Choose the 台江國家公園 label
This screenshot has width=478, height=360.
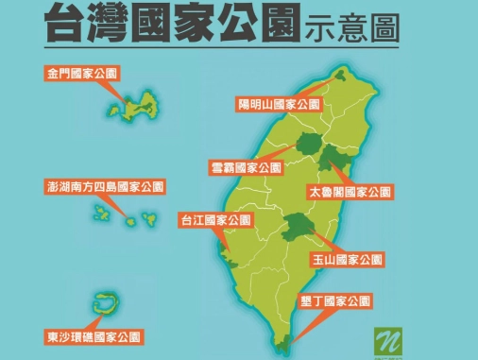tap(215, 220)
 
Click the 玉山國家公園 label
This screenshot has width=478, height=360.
tap(346, 258)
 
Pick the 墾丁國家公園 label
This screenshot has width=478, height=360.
tap(332, 303)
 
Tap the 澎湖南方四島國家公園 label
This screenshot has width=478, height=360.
tap(105, 186)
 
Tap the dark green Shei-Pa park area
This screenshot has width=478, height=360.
tap(308, 144)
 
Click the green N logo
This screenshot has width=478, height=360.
tap(385, 338)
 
